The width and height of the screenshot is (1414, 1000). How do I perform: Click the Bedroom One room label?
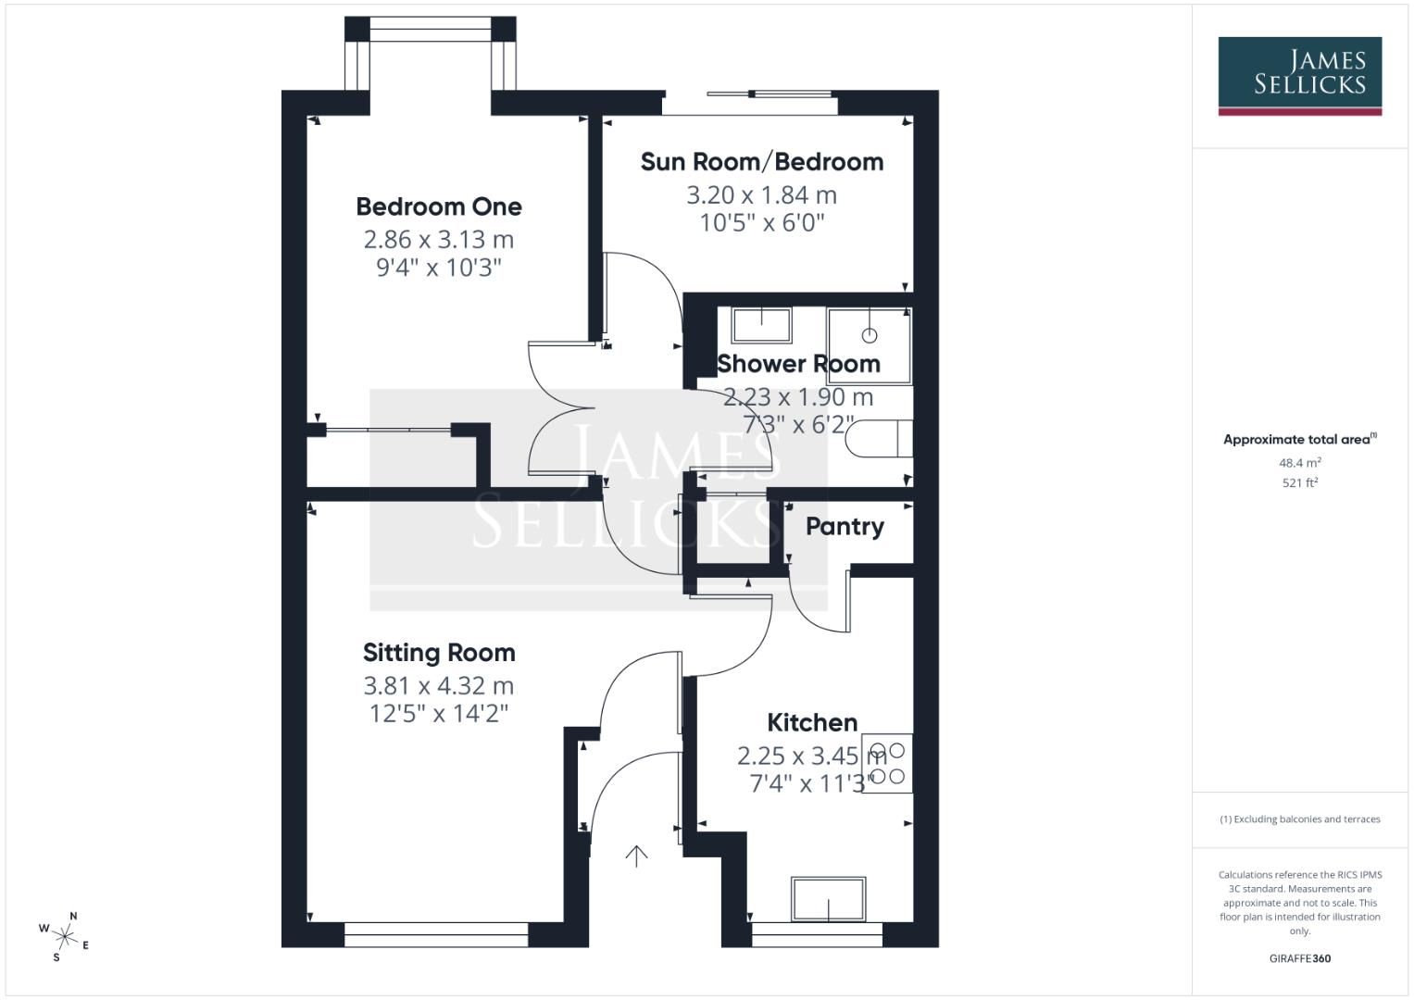[x=439, y=206]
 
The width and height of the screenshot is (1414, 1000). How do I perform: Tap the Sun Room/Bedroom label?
[x=761, y=162]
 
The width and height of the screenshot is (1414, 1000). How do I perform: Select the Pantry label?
[x=845, y=527]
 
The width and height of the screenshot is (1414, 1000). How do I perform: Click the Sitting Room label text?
[x=439, y=653]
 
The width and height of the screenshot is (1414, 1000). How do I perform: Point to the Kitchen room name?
[x=812, y=722]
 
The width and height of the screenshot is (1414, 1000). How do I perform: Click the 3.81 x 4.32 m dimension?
[x=439, y=686]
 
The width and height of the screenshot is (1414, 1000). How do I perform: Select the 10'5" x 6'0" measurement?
[x=761, y=223]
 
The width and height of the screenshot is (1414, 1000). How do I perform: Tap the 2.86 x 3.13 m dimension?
[x=439, y=240]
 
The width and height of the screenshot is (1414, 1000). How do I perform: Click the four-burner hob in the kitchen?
[x=887, y=764]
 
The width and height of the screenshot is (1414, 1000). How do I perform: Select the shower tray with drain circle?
[x=869, y=345]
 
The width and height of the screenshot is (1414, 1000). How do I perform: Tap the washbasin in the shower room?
[x=762, y=325]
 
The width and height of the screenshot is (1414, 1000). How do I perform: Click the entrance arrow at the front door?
[x=636, y=856]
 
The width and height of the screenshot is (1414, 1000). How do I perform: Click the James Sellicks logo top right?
[x=1299, y=75]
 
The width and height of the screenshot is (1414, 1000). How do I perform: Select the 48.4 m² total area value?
[x=1299, y=463]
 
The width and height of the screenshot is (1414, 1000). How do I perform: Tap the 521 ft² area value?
[x=1299, y=482]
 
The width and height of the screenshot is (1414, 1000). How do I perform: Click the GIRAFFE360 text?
[x=1299, y=958]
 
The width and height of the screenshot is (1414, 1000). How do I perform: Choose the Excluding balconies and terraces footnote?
[x=1299, y=819]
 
